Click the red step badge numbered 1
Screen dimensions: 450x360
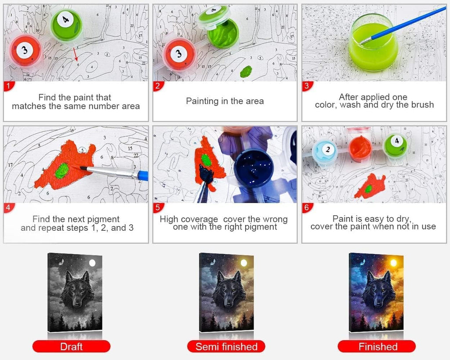9,86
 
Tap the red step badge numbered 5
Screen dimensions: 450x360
158,207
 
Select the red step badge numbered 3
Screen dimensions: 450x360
307,86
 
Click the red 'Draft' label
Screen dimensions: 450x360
72,346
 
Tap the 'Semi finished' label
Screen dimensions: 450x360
226,346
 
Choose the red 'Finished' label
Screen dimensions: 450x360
377,346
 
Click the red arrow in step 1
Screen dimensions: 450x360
75,54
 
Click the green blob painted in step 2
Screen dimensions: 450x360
246,71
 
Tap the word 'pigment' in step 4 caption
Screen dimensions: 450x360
103,219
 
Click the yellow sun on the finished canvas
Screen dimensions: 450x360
393,263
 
